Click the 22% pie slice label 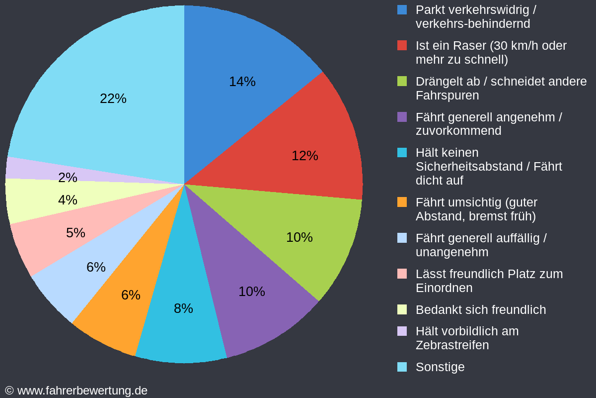click(113, 99)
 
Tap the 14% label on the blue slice click(242, 82)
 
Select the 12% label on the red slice click(304, 156)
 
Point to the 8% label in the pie click(183, 308)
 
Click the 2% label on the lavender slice click(68, 178)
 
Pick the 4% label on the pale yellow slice click(68, 200)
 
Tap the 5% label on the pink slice click(75, 233)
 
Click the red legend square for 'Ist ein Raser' click(402, 45)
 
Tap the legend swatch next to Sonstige click(402, 367)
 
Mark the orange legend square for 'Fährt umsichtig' click(402, 202)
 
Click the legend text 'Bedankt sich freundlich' click(481, 309)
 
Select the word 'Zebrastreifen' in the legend click(452, 345)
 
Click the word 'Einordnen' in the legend click(444, 288)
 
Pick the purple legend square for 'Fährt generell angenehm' click(402, 117)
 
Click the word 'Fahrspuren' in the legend click(447, 95)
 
